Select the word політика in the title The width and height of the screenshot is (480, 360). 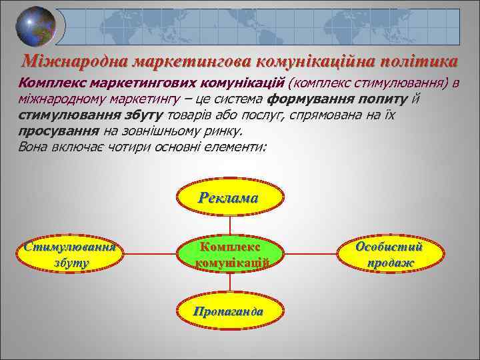coord(417,61)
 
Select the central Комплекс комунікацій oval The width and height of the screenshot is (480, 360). coord(230,254)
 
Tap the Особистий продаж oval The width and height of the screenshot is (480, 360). coord(389,254)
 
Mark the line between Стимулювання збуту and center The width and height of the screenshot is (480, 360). coord(151,254)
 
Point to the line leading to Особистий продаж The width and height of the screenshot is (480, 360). coord(311,254)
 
